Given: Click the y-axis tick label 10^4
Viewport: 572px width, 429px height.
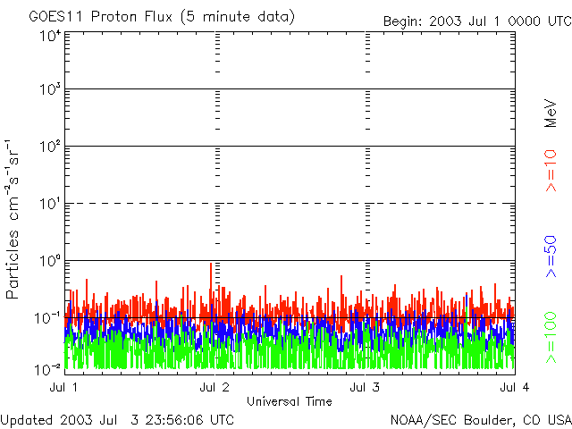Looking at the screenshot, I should [50, 36].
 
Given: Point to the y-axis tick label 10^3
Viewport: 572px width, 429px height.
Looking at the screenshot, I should [50, 90].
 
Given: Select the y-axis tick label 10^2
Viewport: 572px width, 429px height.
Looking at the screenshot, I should [50, 147].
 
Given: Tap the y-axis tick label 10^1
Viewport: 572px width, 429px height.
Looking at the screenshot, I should [50, 204].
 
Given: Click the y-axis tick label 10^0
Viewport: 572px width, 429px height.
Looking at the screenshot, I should [50, 261].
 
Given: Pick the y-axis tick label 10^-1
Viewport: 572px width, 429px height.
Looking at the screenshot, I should [48, 317].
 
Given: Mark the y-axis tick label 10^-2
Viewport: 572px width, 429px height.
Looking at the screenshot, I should [48, 367].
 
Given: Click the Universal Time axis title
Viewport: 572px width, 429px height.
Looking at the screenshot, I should [290, 401].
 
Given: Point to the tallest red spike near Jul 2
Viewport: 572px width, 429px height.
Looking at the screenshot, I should [211, 265].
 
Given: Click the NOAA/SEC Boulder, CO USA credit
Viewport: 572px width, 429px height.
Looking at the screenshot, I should [480, 419].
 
